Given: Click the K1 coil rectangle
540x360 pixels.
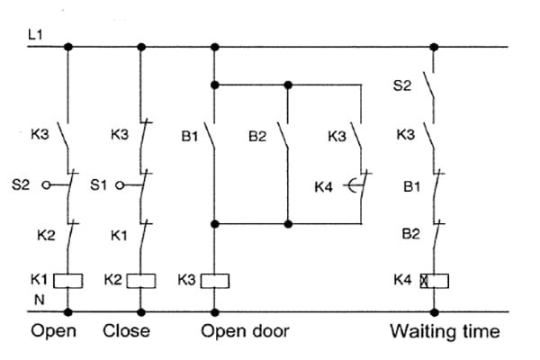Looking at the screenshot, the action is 67,281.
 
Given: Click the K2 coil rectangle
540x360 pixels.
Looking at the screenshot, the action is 141,281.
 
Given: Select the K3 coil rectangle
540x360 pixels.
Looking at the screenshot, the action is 215,281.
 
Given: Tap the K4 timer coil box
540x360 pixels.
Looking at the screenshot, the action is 435,281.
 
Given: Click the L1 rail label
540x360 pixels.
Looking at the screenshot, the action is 35,34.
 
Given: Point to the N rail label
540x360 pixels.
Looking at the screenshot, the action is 40,300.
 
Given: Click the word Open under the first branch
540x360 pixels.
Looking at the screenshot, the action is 53,331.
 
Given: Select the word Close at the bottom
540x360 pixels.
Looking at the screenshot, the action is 126,330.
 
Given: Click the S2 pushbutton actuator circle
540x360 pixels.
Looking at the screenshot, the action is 46,185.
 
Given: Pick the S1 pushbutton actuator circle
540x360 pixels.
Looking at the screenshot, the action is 120,185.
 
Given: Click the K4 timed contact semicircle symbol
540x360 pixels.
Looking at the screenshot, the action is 352,185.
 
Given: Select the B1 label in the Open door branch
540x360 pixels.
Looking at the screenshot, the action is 189,137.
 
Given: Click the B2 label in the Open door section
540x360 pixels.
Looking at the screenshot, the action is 257,137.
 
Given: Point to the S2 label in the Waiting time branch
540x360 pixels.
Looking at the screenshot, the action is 402,85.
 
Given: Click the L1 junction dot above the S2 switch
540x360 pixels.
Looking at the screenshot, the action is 435,47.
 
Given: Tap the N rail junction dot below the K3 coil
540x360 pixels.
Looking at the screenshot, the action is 215,312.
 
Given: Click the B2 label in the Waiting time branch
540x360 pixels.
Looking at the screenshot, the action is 411,234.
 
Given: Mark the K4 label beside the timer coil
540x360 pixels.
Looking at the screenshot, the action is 402,280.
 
